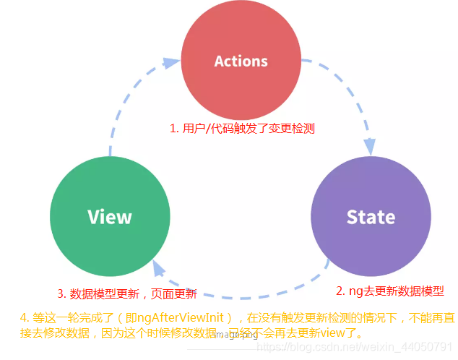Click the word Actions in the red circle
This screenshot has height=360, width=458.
pos(241,61)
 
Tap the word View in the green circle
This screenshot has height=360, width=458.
pos(109,217)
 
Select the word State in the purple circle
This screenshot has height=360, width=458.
pos(371,217)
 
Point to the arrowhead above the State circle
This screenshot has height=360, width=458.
pos(369,146)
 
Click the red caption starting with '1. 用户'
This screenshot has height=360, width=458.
pos(242,128)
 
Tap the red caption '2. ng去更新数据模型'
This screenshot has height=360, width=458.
pos(389,291)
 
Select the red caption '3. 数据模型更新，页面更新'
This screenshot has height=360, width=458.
pos(127,293)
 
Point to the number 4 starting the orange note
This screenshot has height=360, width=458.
pos(23,317)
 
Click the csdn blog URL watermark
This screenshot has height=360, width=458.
pos(355,348)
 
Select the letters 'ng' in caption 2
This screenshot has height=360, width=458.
pos(355,291)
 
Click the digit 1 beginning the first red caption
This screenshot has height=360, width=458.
pos(172,128)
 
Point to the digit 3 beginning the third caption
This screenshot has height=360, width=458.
pos(61,293)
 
